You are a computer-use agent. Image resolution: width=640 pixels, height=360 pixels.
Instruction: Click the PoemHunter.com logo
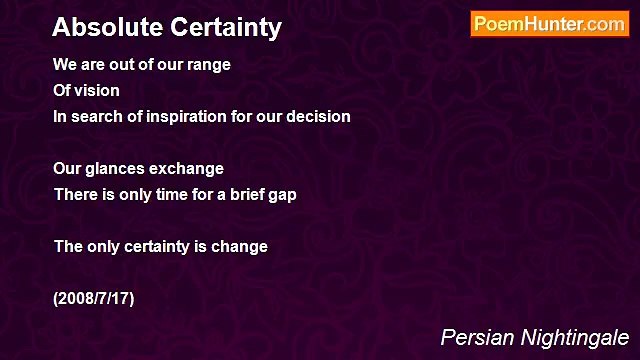(549, 25)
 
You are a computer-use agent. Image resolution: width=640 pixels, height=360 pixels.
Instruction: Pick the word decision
(317, 117)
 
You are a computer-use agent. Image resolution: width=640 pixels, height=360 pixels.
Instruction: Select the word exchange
(189, 169)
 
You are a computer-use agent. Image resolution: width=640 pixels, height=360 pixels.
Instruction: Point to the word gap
(281, 195)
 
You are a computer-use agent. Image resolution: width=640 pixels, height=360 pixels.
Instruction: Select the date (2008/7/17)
(94, 299)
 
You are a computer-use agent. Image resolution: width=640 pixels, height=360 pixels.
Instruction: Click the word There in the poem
(74, 195)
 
